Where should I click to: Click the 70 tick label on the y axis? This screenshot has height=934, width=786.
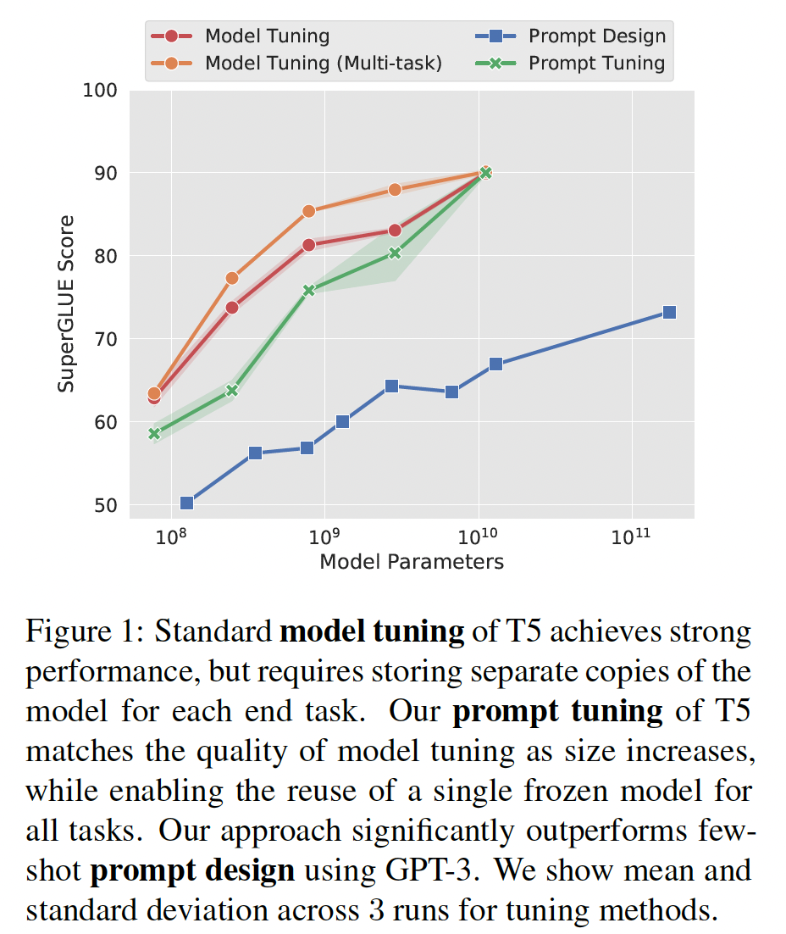pos(105,340)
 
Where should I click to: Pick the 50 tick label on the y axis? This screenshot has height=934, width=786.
pos(105,506)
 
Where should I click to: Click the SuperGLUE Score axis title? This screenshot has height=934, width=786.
pos(66,303)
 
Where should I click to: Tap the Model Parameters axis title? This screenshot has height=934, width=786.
pos(412,562)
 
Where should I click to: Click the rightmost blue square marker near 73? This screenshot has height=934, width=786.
pos(669,313)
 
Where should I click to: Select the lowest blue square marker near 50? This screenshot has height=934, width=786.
pos(186,503)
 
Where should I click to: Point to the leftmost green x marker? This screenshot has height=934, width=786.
pos(154,434)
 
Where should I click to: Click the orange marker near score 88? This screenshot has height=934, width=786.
pos(395,190)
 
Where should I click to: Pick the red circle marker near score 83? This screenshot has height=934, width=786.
pos(395,231)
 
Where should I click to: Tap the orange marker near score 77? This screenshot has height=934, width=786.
pos(232,278)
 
